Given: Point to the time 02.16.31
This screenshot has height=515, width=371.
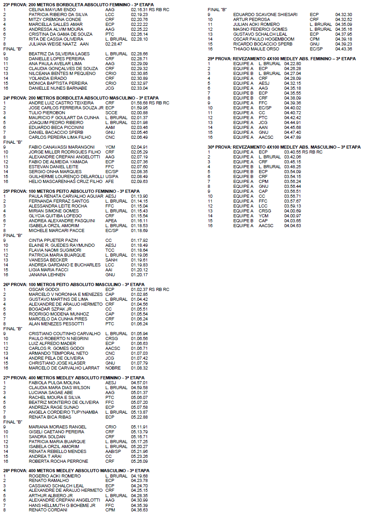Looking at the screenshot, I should [139, 9].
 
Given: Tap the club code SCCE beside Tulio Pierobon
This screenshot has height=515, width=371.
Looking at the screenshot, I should [111, 113].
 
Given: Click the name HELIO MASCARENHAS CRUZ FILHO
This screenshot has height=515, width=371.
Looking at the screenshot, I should [63, 181].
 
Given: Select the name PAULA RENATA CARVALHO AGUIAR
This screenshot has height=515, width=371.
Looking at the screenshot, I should [60, 196].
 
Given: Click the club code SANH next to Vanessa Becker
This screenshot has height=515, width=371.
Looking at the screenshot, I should [111, 260].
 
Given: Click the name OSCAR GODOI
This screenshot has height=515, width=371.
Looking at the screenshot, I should [41, 289].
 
